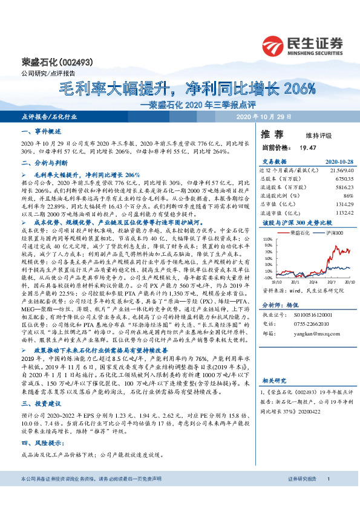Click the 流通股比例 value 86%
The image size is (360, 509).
pos(347,196)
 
